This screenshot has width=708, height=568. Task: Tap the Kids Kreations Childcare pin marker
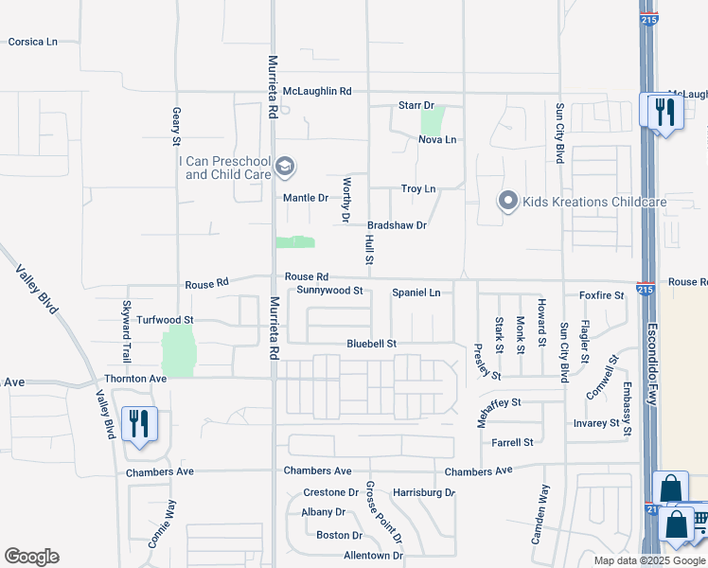508,202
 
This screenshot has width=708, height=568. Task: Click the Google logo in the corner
31,557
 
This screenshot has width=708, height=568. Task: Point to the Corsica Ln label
33,43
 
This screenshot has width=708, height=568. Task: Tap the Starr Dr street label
416,105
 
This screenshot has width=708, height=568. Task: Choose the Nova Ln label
437,140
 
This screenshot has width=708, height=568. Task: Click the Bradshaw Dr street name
398,225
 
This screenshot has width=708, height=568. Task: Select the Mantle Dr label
306,198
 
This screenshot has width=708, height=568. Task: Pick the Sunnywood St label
329,291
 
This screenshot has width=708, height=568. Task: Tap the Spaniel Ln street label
416,293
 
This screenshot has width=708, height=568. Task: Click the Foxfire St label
602,295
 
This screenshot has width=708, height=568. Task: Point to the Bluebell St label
371,343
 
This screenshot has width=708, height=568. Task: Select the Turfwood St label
165,321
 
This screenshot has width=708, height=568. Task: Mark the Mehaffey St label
499,403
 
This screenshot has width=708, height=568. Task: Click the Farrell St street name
513,442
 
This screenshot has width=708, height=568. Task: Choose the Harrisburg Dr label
424,493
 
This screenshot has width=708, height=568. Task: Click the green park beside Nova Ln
433,121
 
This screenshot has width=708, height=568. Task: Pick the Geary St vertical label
176,126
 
